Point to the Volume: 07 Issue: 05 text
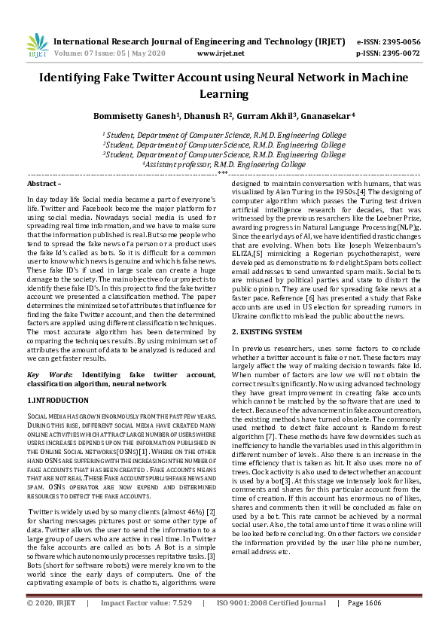tap(102, 53)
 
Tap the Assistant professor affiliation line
tap(224, 163)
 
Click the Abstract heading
tap(44, 184)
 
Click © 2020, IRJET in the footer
tap(50, 624)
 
